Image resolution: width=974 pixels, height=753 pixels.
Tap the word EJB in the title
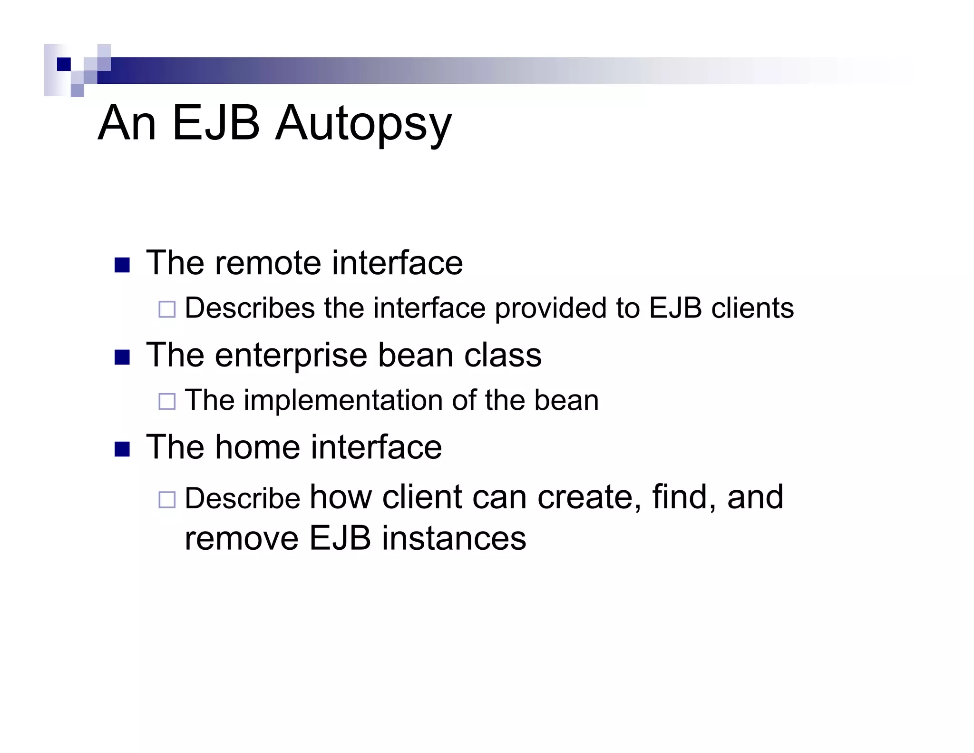coord(216,123)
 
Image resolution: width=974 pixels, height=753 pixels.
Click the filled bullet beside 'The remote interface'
coord(122,265)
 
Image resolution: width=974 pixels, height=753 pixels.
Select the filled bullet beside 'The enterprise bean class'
coord(122,357)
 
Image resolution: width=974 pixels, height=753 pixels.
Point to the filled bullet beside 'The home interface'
coord(122,449)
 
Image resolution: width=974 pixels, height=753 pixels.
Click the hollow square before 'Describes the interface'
coord(167,309)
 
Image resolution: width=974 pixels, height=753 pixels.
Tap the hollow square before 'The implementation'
coord(167,401)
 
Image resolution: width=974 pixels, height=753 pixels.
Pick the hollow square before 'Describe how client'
coord(167,499)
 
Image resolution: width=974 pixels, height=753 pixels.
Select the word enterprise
coord(291,356)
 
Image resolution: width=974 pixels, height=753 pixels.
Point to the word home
coord(258,447)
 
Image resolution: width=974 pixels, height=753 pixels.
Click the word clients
coord(752,308)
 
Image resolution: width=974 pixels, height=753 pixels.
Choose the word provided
coord(551,308)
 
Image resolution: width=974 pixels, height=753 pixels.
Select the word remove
coord(242,538)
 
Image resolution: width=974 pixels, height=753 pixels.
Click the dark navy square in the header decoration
coord(64,64)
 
